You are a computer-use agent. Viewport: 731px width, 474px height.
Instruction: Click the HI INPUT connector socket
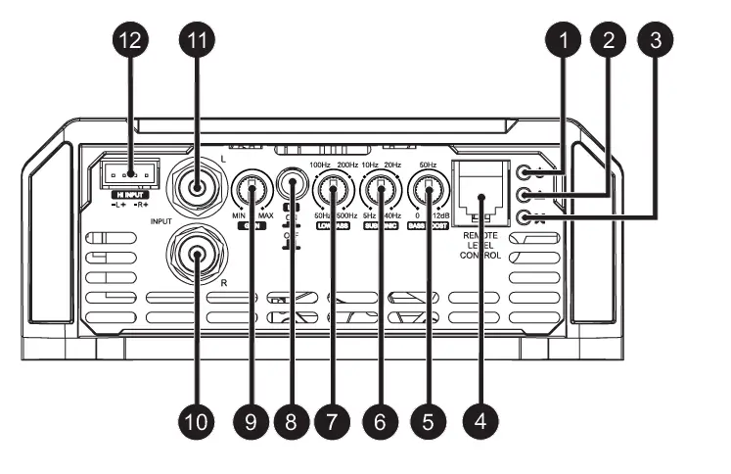129,173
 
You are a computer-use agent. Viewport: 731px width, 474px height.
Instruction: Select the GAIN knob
252,187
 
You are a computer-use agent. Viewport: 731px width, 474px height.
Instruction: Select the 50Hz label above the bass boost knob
427,164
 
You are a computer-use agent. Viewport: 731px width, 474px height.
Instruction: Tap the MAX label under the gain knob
266,213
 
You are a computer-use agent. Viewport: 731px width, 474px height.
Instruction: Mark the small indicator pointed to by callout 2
529,196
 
